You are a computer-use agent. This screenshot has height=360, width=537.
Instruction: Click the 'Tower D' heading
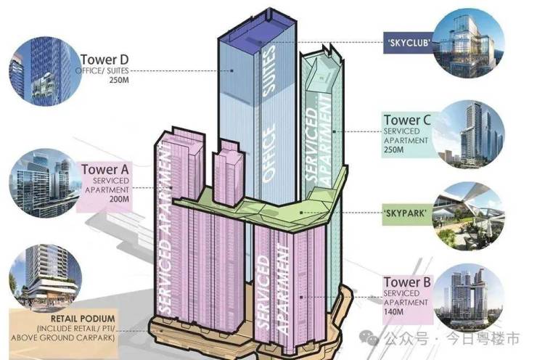pos(104,60)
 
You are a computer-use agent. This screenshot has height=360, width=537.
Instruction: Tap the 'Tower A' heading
pos(105,170)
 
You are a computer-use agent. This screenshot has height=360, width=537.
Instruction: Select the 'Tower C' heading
pos(407,120)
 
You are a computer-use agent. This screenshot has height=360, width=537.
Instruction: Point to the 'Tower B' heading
pos(407,282)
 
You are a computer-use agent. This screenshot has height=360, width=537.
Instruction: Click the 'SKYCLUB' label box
pos(409,43)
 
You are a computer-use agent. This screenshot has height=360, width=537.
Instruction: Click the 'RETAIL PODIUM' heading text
pos(83,319)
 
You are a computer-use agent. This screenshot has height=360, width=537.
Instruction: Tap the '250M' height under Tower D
pos(119,81)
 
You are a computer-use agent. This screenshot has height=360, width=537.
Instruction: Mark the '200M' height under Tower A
pos(119,199)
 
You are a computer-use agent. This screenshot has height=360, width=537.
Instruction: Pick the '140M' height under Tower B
pos(393,312)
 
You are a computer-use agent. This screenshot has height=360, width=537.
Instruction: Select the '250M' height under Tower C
pos(393,150)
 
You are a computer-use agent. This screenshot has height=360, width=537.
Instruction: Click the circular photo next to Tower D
pos(44,71)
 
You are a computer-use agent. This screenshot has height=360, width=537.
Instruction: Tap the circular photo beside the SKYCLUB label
pos(469,44)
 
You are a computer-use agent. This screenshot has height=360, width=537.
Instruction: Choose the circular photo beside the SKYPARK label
pos(469,216)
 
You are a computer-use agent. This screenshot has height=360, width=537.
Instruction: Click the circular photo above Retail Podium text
pos(45,278)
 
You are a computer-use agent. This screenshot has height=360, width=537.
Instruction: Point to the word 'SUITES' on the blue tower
pos(268,70)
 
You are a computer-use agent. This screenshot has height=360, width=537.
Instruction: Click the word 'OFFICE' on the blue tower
pos(268,152)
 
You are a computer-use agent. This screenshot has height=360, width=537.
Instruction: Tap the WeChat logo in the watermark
pos(369,338)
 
